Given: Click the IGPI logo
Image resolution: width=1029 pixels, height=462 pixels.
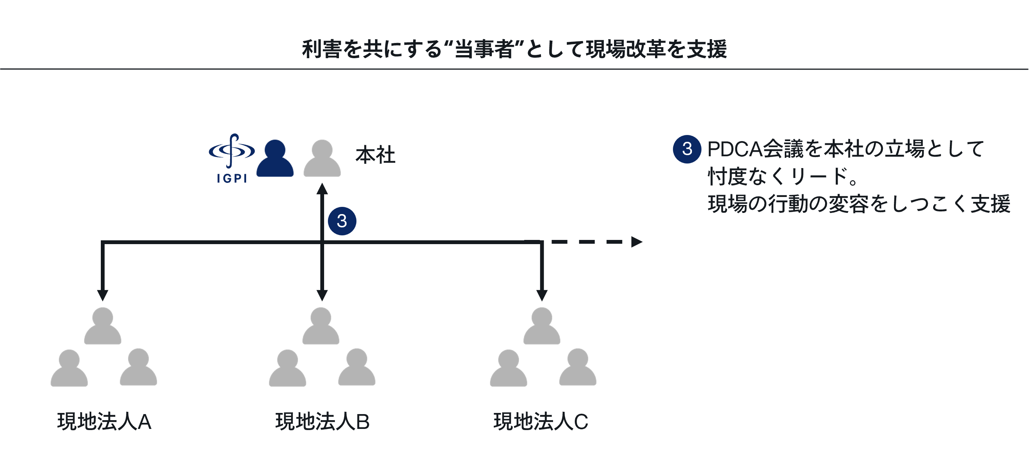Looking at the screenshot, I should [x=232, y=158].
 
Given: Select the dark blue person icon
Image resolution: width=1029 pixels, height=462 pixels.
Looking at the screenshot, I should [x=275, y=159].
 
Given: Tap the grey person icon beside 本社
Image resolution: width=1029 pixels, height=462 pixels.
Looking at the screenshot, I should [x=322, y=159].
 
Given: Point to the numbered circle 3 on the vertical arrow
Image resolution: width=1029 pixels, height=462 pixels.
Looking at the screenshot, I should [x=342, y=221].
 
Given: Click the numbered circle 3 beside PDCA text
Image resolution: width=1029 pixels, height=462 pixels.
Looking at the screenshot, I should [x=687, y=149].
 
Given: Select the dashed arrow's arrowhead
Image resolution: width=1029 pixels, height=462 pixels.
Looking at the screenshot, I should [x=636, y=242].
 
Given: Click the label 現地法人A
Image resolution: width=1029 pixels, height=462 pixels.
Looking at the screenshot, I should [x=104, y=422].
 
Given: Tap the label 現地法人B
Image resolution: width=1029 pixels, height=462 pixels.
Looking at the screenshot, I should [x=322, y=422].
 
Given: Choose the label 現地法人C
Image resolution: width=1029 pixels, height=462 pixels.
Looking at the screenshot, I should [x=541, y=422].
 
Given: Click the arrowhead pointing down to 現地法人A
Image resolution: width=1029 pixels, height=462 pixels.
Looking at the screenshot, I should [x=103, y=295].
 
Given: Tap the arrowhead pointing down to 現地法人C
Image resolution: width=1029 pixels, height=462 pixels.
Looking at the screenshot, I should [x=542, y=295].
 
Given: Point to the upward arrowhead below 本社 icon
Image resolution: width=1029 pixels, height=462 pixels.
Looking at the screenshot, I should [x=322, y=189].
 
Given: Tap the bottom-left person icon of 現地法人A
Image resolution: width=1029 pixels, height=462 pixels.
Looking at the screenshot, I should [x=69, y=368].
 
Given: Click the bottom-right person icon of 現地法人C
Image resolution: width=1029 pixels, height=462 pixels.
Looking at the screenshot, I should [x=577, y=368].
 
